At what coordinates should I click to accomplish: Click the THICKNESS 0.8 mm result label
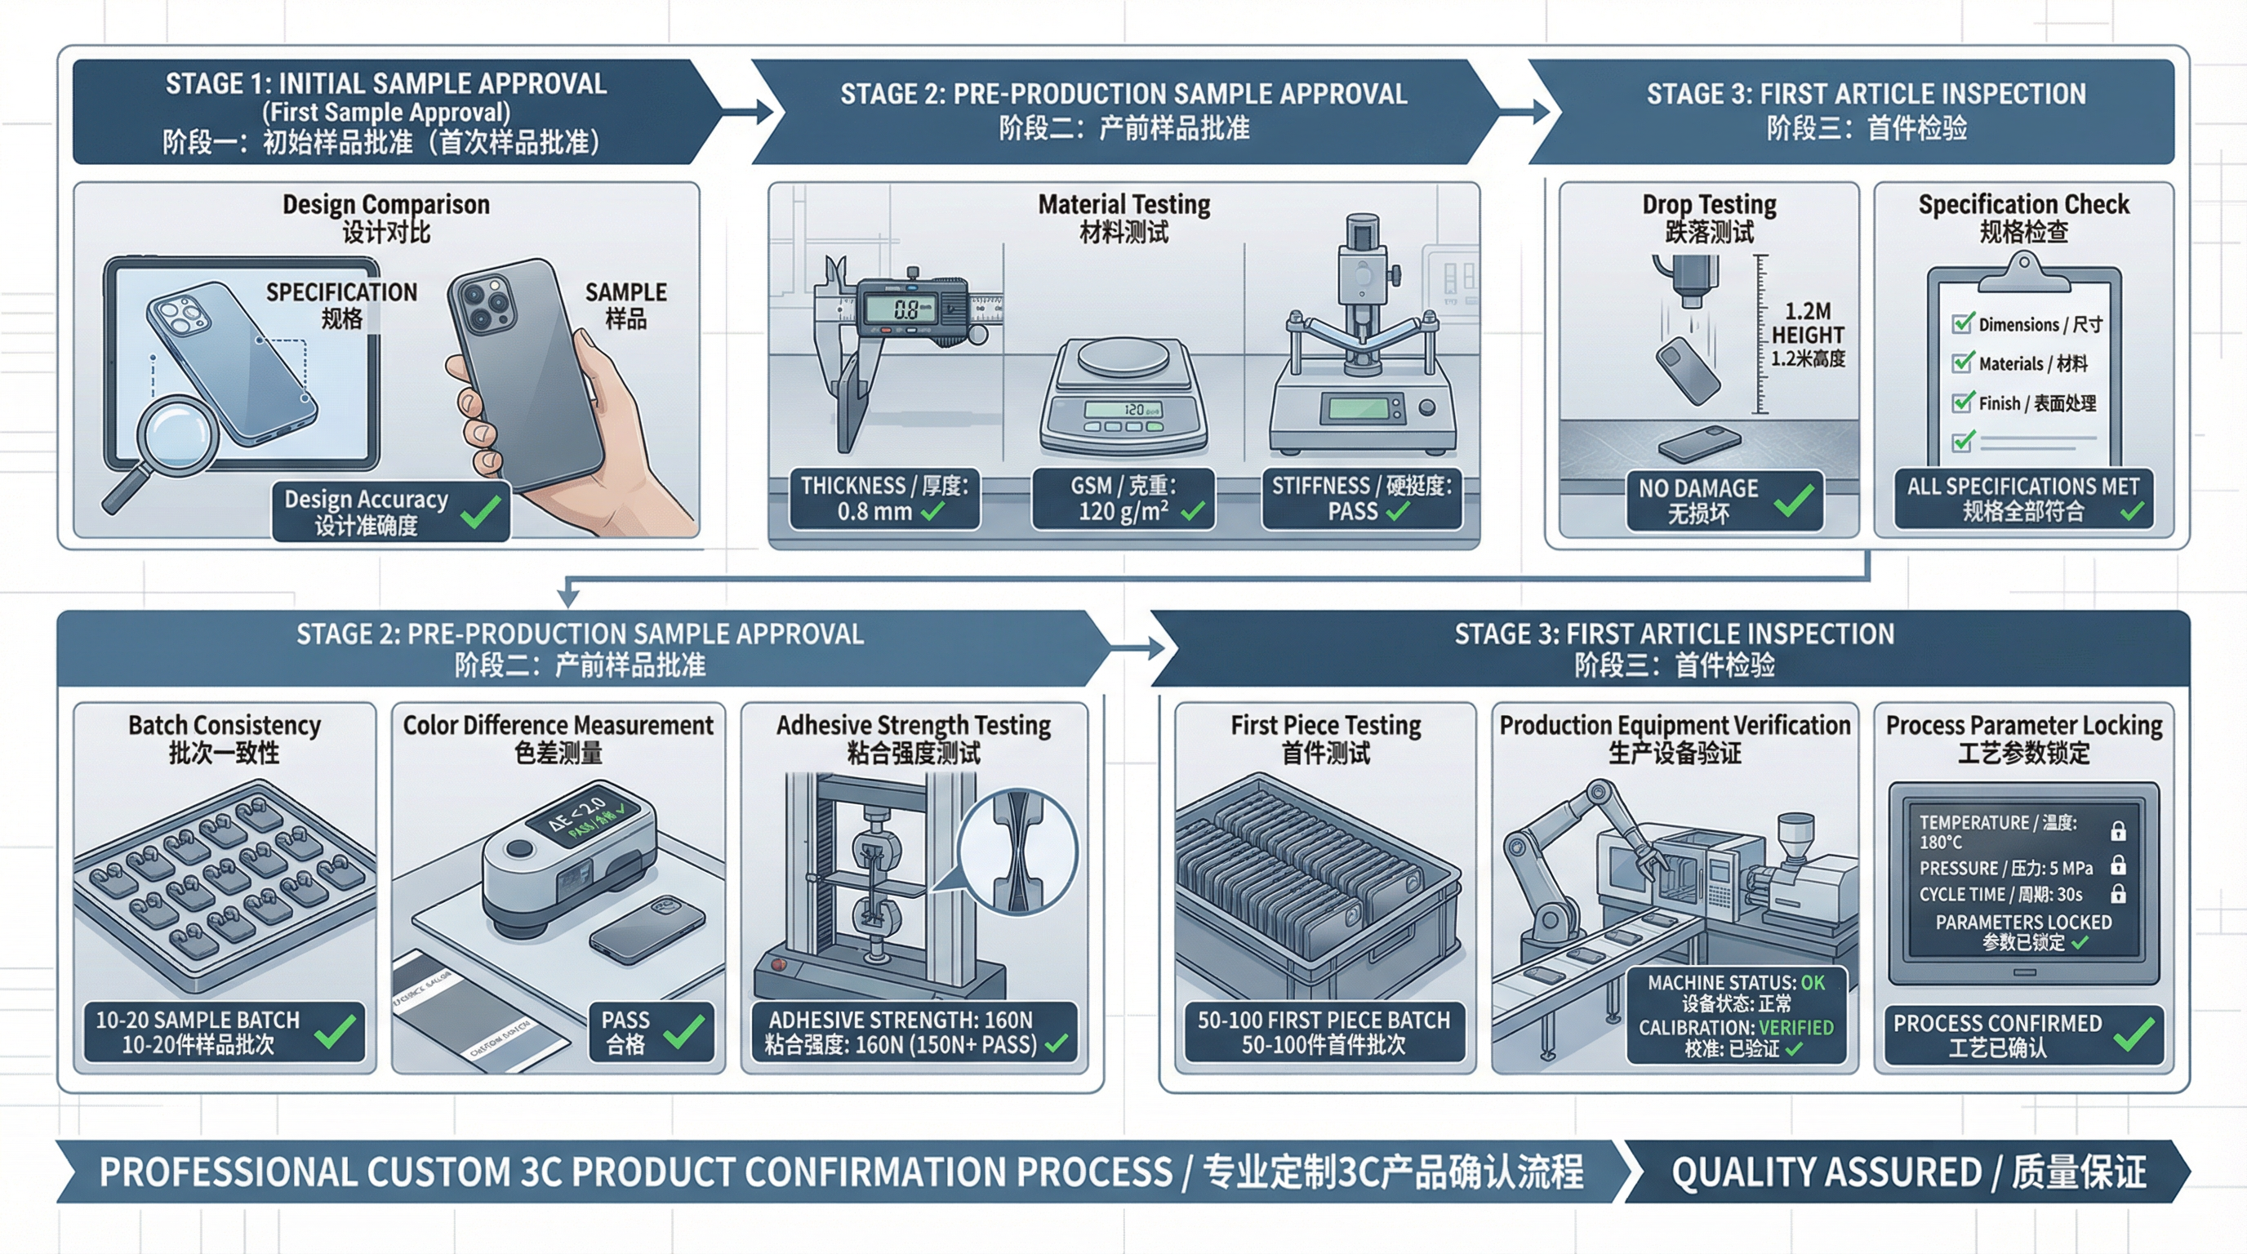click(x=883, y=499)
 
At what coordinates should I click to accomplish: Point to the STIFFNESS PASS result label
click(x=1361, y=499)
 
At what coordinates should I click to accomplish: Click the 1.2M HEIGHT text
click(x=1808, y=323)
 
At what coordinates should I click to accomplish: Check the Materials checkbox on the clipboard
click(x=1963, y=362)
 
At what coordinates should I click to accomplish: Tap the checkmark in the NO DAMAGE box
click(x=1793, y=500)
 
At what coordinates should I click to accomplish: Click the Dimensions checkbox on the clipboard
click(x=1963, y=323)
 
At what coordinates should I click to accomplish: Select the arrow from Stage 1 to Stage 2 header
click(x=749, y=112)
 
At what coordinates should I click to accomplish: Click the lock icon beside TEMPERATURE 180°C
click(x=2117, y=831)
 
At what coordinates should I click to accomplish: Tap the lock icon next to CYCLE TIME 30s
click(x=2117, y=895)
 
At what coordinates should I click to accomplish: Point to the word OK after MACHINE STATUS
click(x=1813, y=983)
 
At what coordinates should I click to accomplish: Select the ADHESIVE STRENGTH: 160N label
click(x=901, y=1020)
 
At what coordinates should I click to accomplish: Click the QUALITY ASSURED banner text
click(x=1907, y=1172)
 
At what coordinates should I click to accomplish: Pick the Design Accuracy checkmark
click(x=481, y=512)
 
